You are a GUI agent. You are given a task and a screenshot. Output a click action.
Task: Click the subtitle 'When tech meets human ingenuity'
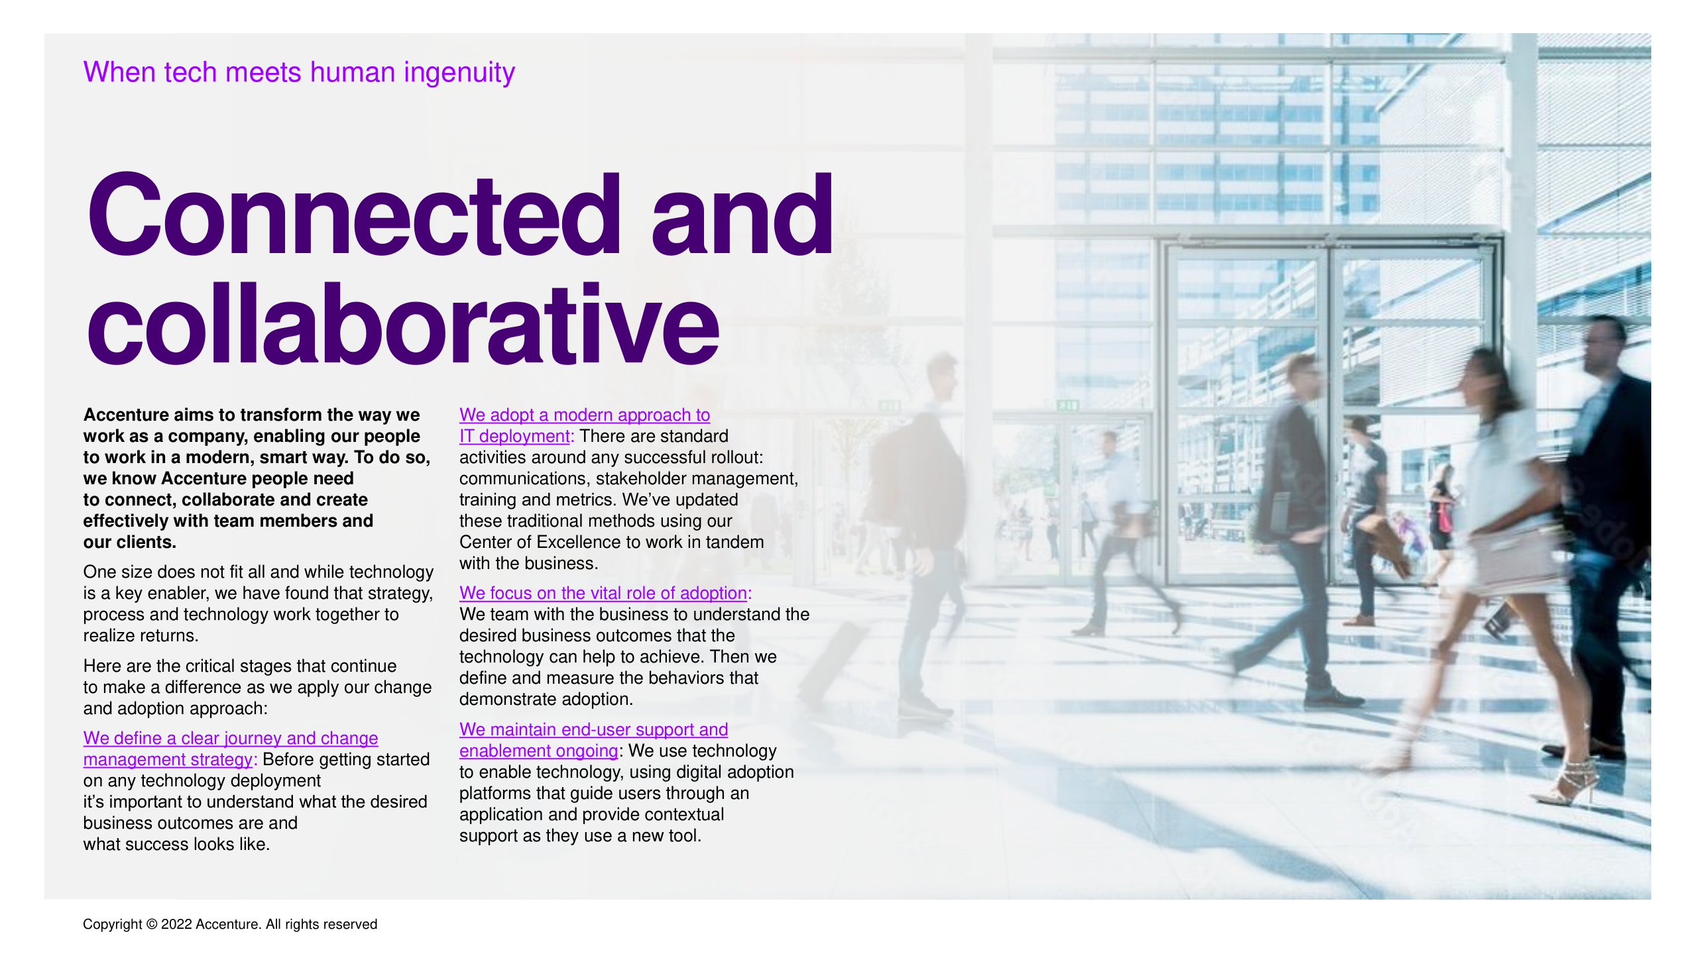tap(299, 72)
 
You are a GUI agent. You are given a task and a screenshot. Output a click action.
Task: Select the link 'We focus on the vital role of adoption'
tap(603, 593)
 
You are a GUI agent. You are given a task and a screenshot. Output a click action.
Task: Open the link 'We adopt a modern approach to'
tap(585, 415)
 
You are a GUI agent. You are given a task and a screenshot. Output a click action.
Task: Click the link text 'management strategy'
tap(168, 759)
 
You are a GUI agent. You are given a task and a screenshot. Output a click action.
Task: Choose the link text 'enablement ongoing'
tap(538, 751)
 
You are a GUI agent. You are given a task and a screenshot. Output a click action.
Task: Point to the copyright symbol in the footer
tap(151, 924)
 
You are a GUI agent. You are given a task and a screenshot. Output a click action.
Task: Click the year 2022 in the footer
tap(176, 924)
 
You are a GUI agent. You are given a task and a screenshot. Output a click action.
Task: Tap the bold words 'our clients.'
tap(130, 542)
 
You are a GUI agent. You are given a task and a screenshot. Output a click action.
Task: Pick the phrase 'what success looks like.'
tap(176, 844)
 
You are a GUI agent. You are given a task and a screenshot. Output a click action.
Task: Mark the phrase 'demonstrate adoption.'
tap(546, 699)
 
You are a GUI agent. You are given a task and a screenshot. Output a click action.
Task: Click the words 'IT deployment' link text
tap(514, 436)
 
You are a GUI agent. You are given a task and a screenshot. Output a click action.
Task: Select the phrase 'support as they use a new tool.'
tap(580, 835)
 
